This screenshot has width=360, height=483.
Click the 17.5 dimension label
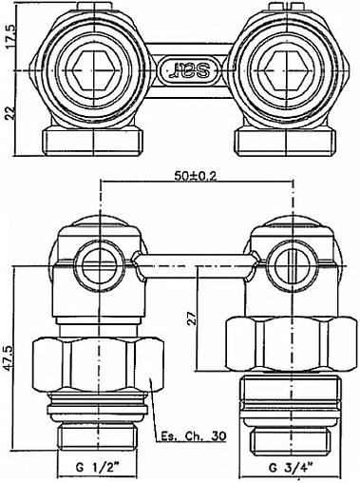tap(11, 36)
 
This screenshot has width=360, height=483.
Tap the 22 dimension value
tap(11, 113)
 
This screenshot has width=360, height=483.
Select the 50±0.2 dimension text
tap(196, 176)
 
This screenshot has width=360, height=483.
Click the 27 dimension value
tap(192, 318)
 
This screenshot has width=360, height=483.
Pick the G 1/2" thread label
tap(97, 467)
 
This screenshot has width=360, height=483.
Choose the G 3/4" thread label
tap(291, 467)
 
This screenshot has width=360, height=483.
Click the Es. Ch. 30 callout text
tap(194, 436)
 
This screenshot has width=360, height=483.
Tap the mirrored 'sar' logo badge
tap(189, 69)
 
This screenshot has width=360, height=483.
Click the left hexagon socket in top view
tap(93, 69)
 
